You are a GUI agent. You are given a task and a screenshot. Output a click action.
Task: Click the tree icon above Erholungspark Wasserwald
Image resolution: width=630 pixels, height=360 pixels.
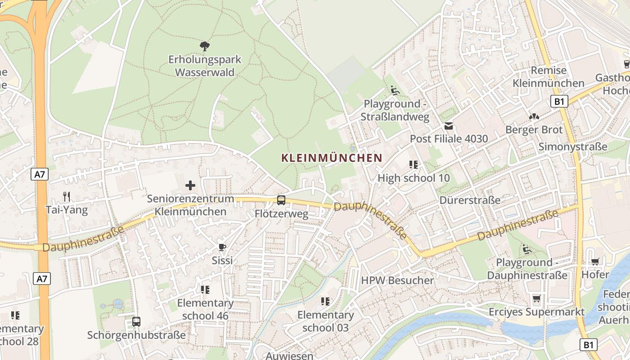tap(205, 45)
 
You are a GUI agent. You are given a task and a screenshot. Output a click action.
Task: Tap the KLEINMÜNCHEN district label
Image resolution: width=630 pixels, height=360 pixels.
tap(332, 158)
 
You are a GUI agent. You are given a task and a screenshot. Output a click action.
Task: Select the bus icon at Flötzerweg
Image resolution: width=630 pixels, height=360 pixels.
tap(281, 200)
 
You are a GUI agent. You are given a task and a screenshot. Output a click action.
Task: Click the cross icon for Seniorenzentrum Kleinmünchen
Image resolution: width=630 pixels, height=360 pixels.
tap(190, 185)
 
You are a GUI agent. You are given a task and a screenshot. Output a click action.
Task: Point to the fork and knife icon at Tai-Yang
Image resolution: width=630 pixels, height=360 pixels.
tap(67, 196)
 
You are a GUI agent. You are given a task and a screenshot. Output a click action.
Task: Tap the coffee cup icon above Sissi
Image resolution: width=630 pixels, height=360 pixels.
tap(222, 247)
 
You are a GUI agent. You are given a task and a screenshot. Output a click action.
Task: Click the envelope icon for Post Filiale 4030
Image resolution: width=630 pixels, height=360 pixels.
tap(449, 126)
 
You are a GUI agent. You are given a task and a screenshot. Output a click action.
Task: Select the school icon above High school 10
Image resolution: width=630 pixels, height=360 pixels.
tap(413, 165)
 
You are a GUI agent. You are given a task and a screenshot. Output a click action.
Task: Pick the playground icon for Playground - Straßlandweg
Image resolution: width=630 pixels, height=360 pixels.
tap(395, 90)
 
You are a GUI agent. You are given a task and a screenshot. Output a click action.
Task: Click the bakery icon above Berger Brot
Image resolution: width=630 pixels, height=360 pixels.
tap(534, 117)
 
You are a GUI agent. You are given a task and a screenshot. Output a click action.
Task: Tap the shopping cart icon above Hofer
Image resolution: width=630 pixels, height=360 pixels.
tap(595, 261)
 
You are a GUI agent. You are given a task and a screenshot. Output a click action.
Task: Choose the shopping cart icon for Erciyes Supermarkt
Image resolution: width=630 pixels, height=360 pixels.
tap(536, 299)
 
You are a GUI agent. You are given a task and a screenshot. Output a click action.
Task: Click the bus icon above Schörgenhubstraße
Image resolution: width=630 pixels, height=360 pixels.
tap(136, 322)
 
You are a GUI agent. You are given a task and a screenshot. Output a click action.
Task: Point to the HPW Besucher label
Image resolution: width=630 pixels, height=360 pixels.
tap(397, 280)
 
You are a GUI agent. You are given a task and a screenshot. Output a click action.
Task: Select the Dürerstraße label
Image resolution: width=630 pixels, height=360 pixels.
tap(470, 200)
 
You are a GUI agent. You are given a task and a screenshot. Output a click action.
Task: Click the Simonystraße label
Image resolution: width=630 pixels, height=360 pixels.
tap(573, 147)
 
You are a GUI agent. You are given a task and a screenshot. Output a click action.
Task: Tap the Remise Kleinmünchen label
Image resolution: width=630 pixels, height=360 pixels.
tap(549, 77)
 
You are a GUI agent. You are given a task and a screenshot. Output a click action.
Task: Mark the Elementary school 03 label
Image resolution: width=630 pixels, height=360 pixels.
tap(325, 321)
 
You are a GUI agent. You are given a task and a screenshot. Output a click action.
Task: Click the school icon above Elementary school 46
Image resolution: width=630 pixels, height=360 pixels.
tap(205, 289)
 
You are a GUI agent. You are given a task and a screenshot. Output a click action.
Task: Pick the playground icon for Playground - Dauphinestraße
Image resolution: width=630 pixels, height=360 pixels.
tap(527, 249)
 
